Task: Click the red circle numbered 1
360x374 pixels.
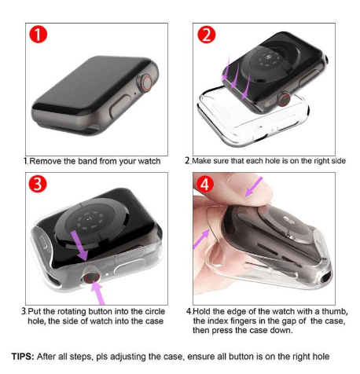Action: [38, 35]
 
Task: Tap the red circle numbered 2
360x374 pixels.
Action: [207, 35]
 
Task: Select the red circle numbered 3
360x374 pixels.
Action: [38, 184]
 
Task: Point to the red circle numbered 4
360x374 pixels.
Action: [205, 184]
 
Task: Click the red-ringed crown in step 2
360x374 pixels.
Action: [284, 100]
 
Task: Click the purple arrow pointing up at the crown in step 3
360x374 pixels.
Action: [98, 293]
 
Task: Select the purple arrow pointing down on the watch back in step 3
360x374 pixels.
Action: [80, 246]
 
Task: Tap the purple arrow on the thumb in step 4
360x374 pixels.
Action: [253, 187]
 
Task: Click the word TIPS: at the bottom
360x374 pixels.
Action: [23, 357]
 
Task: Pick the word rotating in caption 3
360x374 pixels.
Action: [72, 311]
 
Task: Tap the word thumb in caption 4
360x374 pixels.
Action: [335, 311]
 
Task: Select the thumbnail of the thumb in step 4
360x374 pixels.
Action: [240, 181]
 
